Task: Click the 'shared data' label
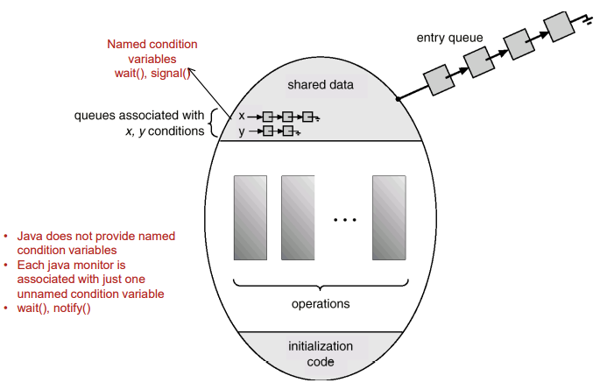[321, 84]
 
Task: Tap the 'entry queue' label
[442, 39]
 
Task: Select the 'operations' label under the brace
[320, 304]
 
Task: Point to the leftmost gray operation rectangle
[251, 218]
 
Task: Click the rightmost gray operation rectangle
[389, 218]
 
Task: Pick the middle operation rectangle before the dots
[297, 218]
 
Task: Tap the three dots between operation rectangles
[344, 220]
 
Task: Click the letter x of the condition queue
[242, 116]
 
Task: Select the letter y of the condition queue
[242, 131]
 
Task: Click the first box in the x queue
[267, 116]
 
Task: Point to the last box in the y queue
[287, 131]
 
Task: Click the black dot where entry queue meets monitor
[398, 99]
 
